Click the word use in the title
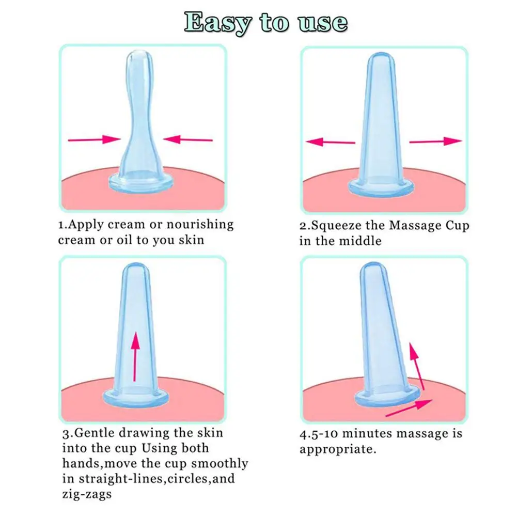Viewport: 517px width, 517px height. (322, 22)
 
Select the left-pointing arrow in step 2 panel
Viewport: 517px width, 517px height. (330, 142)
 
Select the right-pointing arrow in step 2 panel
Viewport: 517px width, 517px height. (435, 141)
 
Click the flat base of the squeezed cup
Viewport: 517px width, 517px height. (140, 181)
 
